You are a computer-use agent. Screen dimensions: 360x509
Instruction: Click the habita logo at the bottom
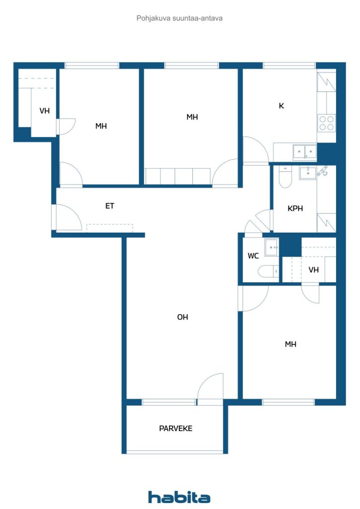[179, 497]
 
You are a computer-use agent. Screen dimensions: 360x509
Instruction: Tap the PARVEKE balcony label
[176, 428]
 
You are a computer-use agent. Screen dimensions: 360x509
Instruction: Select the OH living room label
[182, 317]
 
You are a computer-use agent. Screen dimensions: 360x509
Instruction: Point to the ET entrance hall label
[110, 206]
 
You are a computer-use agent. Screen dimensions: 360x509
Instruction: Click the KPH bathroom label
[295, 208]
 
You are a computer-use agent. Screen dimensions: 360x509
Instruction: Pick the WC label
[253, 256]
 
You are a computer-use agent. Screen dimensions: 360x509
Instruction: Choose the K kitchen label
[281, 105]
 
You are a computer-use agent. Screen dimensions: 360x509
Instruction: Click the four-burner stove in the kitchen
[327, 123]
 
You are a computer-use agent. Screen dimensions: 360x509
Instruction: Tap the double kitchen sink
[305, 152]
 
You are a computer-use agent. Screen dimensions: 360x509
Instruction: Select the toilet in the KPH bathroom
[285, 177]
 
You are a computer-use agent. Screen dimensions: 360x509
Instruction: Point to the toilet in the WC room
[269, 271]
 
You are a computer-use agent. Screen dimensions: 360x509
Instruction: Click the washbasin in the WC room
[271, 248]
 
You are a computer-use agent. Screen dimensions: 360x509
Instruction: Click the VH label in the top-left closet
[44, 111]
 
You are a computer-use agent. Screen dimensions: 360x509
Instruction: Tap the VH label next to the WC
[314, 270]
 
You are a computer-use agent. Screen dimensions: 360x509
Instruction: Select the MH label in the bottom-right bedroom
[290, 344]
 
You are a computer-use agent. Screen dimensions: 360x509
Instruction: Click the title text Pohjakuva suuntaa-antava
[180, 18]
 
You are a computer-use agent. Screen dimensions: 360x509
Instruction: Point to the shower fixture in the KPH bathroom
[322, 171]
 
